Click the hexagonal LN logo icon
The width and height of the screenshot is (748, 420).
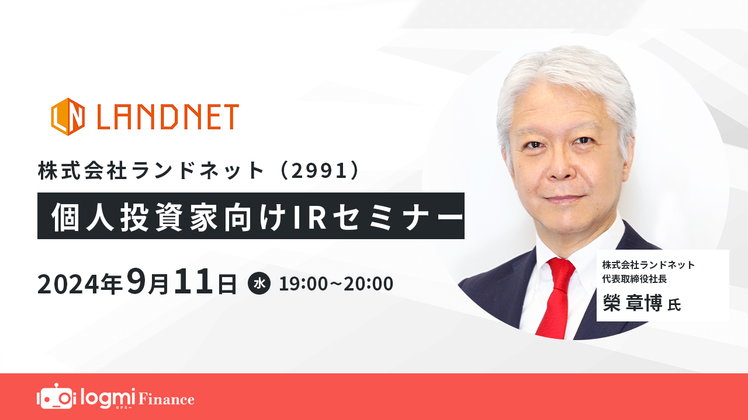[68, 117]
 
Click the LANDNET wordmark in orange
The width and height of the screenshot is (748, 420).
[168, 117]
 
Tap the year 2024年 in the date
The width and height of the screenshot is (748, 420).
[80, 284]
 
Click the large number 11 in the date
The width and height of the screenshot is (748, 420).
[193, 281]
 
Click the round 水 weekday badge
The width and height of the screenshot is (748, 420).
[259, 283]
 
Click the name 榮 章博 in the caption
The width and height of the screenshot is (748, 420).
[632, 303]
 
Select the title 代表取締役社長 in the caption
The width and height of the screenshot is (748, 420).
[635, 279]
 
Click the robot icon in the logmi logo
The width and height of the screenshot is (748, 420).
[55, 397]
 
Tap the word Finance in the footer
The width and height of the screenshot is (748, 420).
[167, 399]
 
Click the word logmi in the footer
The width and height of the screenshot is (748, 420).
[108, 397]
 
